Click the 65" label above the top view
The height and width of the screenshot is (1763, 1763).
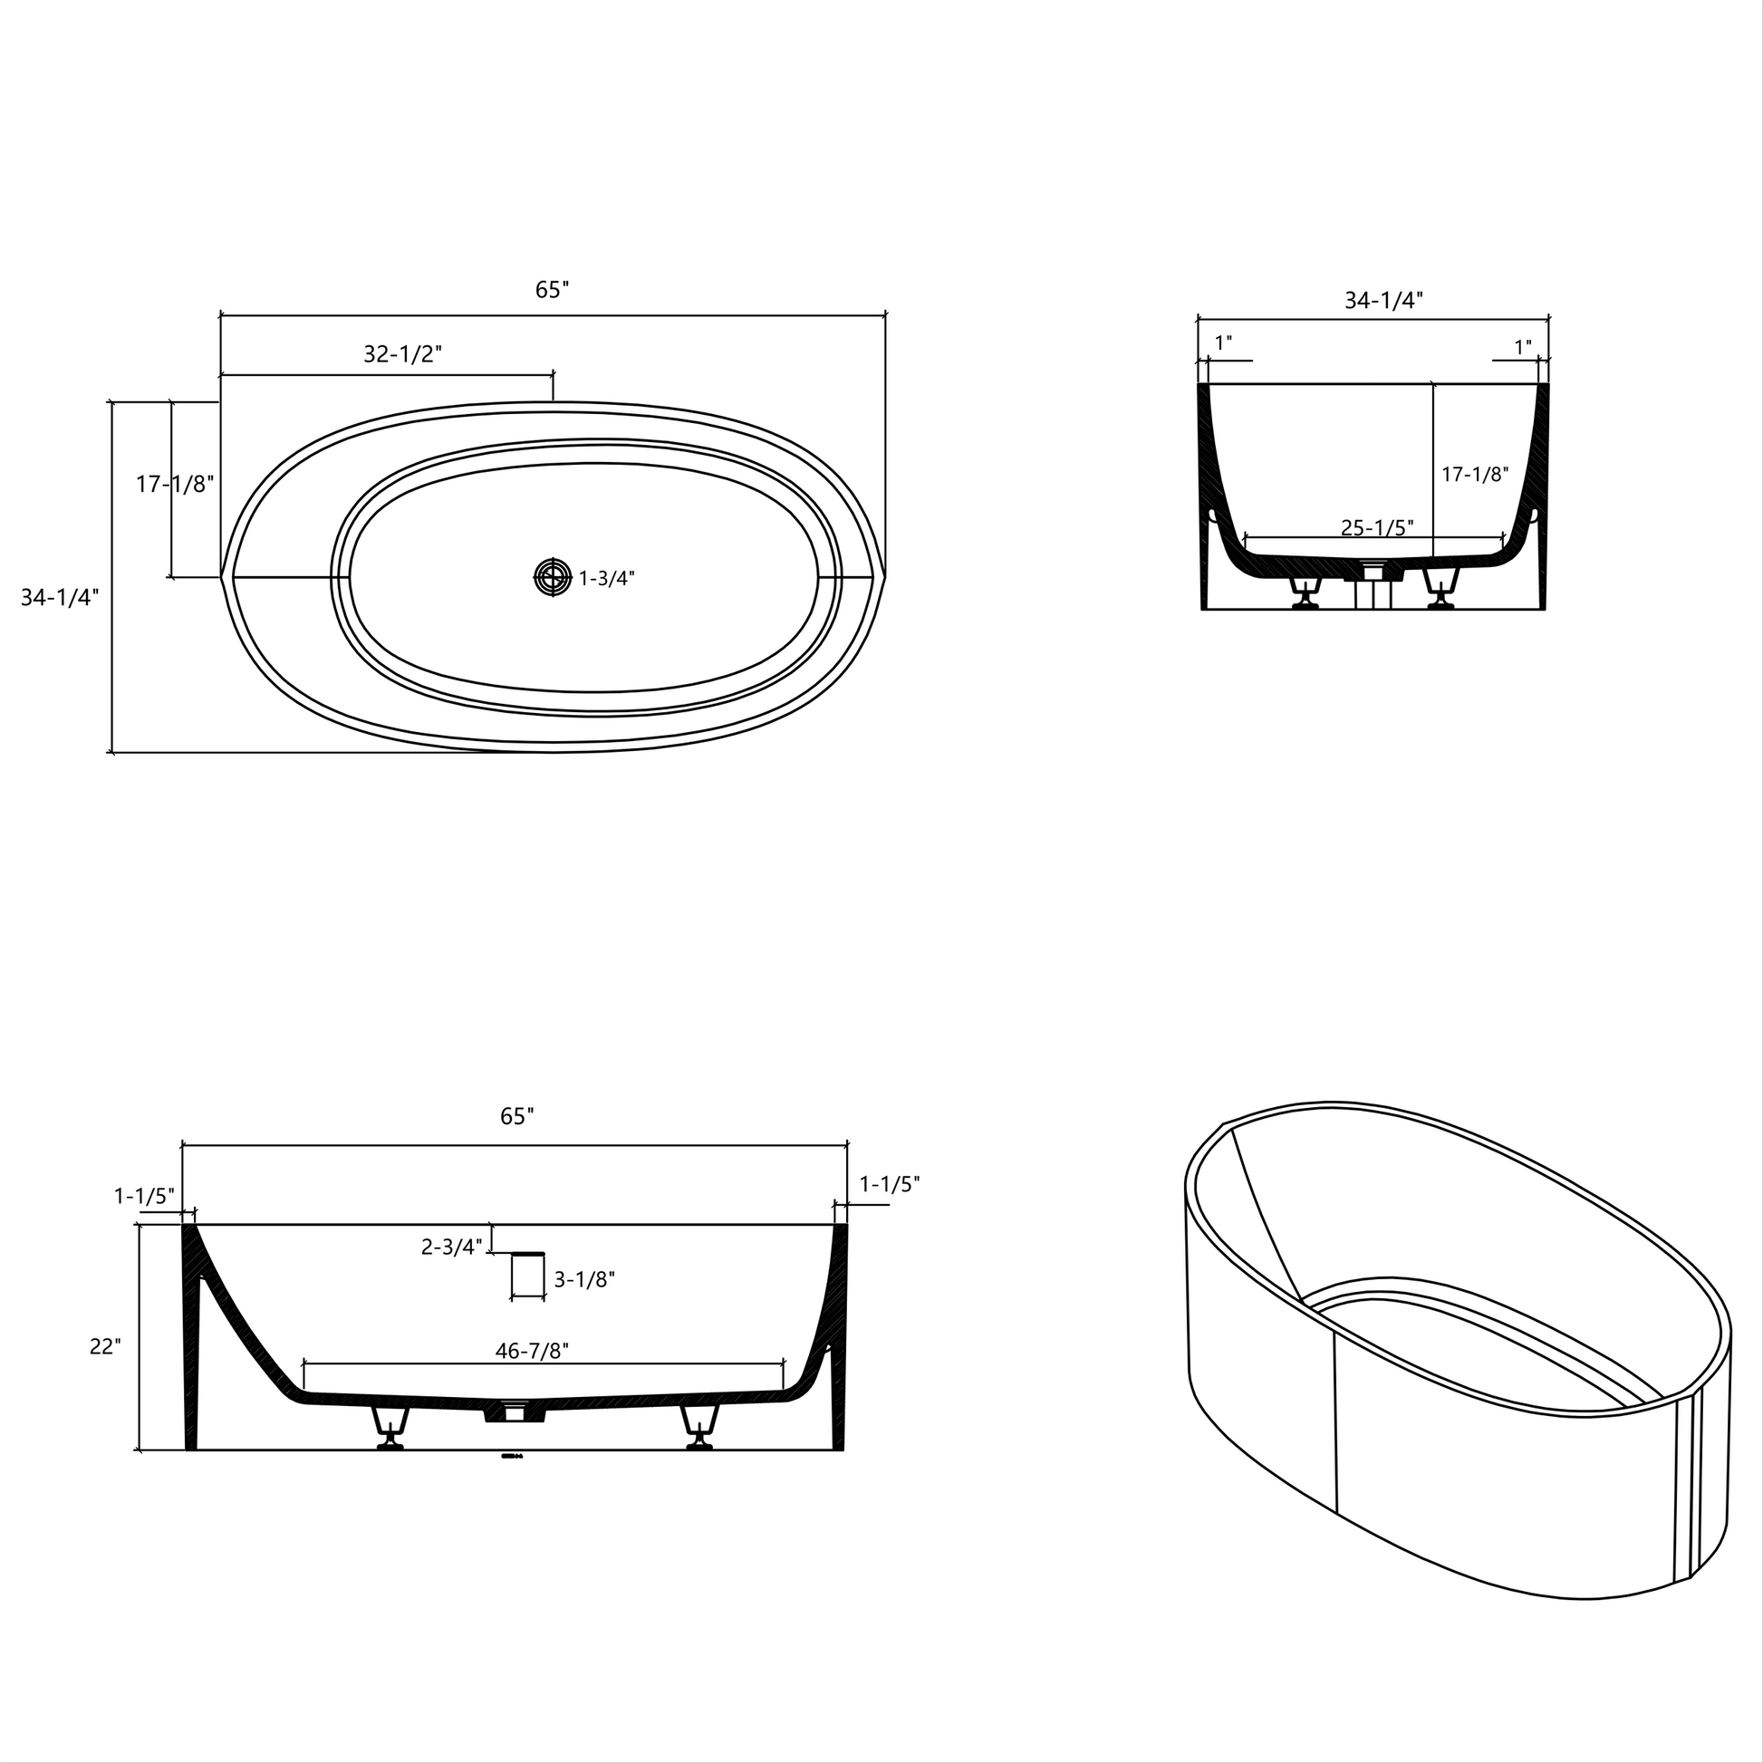tap(552, 289)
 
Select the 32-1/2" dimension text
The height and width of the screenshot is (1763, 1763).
tap(402, 354)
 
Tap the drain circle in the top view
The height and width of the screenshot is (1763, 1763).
tap(551, 577)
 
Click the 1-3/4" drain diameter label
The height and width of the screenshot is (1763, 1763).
tap(607, 578)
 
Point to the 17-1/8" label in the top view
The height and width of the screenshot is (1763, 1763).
tap(175, 484)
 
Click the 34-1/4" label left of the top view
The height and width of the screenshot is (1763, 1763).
tap(60, 597)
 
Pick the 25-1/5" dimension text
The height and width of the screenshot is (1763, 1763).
tap(1377, 526)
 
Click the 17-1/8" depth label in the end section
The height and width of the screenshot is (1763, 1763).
tap(1475, 474)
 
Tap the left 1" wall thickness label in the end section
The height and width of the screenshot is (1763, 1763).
tap(1224, 343)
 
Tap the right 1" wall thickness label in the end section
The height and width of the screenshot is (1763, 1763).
tap(1523, 347)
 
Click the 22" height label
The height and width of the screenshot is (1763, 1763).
tap(105, 1346)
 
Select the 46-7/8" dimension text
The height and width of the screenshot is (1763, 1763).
tap(532, 1351)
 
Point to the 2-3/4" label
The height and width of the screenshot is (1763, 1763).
tap(451, 1246)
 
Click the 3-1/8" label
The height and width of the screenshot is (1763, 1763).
tap(584, 1279)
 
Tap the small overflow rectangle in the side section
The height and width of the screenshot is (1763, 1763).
tap(526, 1274)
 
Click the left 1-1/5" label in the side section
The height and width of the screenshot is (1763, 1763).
tap(143, 1195)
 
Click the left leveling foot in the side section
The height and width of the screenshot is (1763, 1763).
tap(390, 1430)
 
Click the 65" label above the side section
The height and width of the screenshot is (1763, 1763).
tap(516, 1116)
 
